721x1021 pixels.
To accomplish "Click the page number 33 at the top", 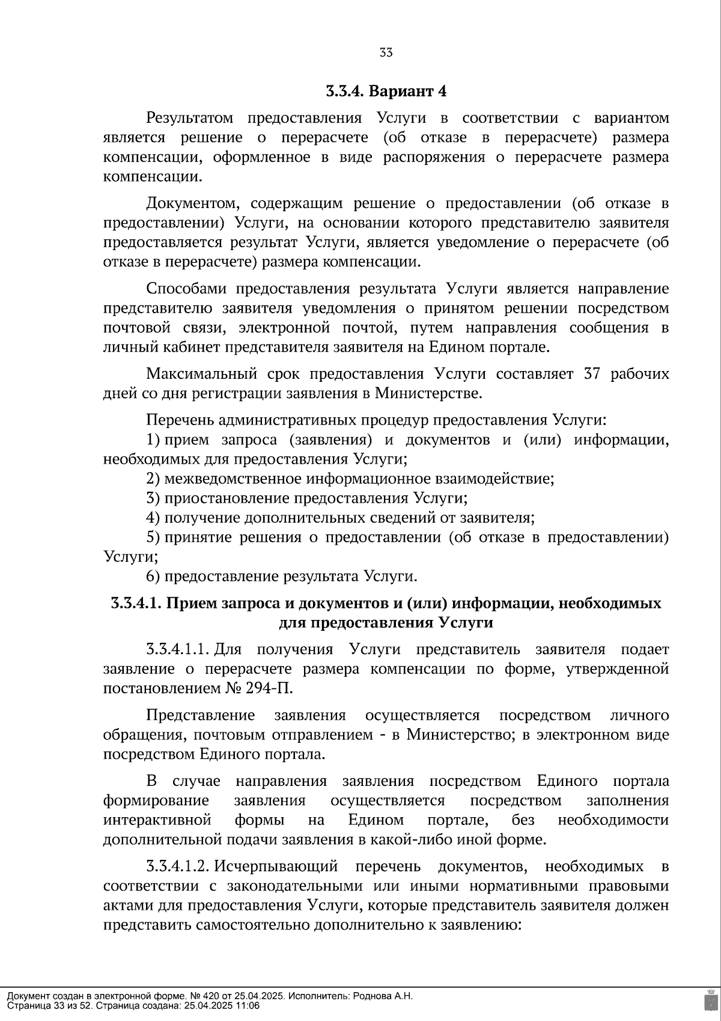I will [x=386, y=53].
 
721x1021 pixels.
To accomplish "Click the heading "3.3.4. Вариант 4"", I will [x=386, y=91].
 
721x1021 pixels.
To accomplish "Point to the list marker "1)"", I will [x=153, y=440].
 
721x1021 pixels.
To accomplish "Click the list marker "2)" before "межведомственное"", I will [x=153, y=479].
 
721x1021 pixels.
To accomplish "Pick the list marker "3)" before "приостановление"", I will [x=153, y=498].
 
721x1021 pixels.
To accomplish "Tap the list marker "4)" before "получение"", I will [x=153, y=518].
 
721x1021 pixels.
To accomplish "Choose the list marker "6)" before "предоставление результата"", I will [x=153, y=576].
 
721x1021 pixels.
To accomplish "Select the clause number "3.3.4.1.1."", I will [x=178, y=650].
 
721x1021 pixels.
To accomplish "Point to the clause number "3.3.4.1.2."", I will [x=178, y=866].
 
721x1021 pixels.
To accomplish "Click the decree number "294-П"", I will [x=269, y=688].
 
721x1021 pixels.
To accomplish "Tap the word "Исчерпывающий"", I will [x=276, y=866].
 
